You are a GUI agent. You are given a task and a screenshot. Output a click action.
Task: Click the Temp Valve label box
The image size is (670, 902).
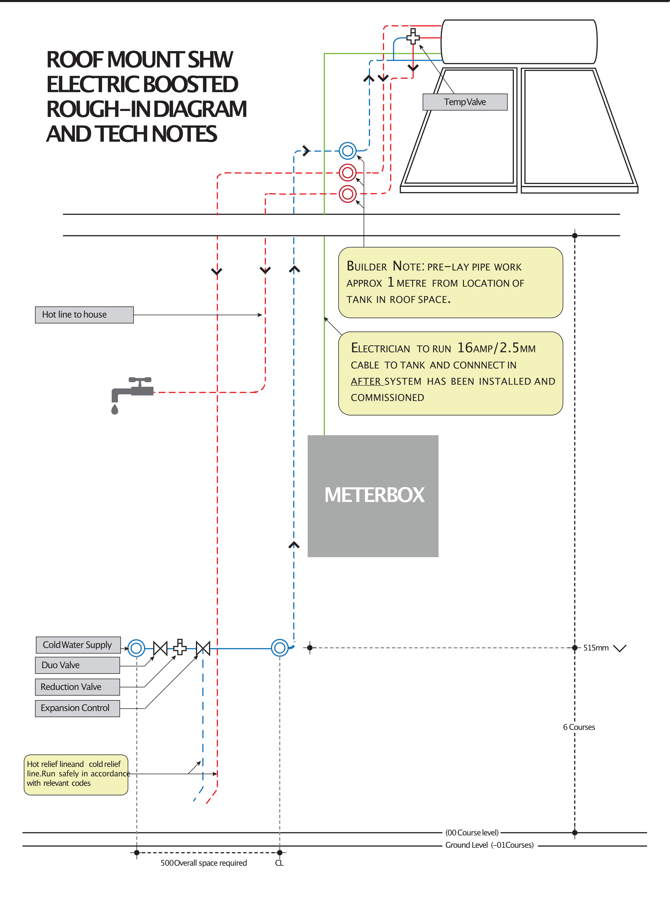(465, 102)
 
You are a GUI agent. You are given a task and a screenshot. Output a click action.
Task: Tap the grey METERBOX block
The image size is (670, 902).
(373, 496)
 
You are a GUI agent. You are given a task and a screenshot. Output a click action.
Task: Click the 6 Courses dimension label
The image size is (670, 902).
(579, 727)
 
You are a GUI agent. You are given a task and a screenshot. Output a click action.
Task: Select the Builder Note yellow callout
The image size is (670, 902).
(450, 283)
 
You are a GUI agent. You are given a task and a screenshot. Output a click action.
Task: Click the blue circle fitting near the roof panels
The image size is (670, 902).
(348, 151)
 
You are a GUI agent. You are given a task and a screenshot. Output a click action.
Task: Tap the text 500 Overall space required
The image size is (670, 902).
(204, 863)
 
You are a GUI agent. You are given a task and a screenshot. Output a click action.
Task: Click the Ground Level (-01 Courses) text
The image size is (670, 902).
(489, 845)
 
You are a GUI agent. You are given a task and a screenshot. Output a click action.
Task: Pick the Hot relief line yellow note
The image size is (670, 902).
(76, 774)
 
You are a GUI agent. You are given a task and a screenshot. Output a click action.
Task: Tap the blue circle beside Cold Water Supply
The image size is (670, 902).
(136, 648)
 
